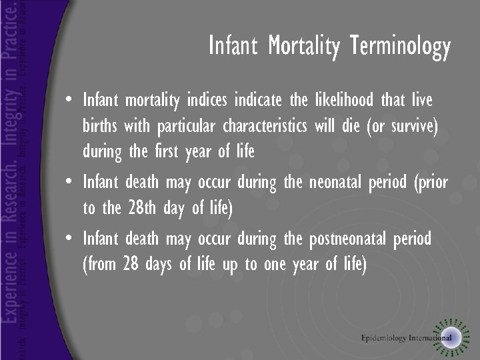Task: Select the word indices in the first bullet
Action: [x=254, y=101]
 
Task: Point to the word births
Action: [x=101, y=126]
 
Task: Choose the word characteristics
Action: [x=264, y=126]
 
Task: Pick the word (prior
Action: [x=430, y=182]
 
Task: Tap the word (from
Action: [x=99, y=264]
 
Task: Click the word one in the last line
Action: [x=275, y=264]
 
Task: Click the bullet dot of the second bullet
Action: [x=70, y=182]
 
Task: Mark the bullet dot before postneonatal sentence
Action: [x=70, y=238]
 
